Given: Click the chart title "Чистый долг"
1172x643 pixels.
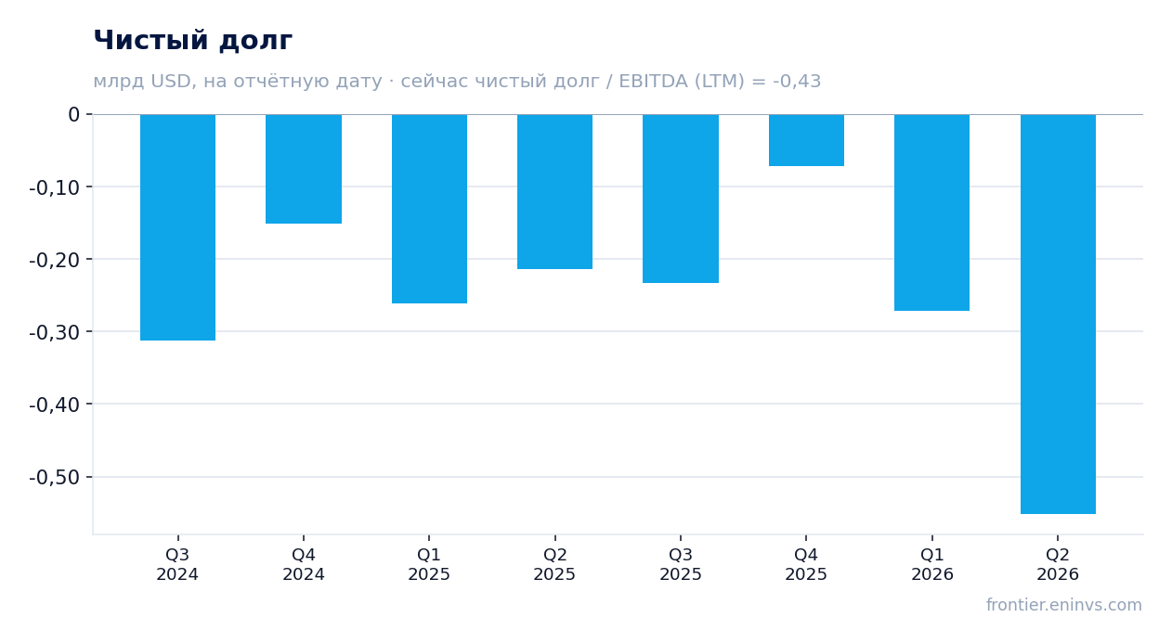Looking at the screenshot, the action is coord(192,40).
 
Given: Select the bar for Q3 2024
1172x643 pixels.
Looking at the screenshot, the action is coord(178,227).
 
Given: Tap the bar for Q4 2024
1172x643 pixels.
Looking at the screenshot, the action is coord(304,169).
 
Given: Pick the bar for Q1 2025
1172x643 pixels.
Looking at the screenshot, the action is coord(430,209).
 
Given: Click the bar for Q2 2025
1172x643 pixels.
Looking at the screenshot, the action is coord(555,192).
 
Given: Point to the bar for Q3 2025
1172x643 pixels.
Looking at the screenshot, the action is coord(681,199).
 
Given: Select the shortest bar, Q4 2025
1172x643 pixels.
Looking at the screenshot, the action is coord(806,140).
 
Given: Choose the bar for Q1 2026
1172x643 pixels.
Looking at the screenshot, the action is coord(931,212).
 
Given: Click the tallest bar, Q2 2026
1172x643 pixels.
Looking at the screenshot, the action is coord(1058,315).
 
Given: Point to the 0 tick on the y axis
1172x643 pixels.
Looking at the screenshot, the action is coord(73,114).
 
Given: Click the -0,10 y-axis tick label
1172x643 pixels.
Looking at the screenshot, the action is coord(55,187).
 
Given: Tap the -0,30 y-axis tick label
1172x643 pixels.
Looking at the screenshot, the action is coord(55,332).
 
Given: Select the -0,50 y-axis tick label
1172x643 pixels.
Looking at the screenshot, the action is coord(55,477).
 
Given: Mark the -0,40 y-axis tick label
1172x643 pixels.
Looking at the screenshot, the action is coord(55,405).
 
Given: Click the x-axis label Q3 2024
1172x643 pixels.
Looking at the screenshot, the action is coord(177,564).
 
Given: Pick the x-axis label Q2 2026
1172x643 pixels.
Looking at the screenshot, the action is coord(1058,564).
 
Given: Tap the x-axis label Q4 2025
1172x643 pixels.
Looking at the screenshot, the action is coord(806,564).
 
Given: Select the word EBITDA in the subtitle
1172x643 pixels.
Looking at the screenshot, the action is coord(653,81).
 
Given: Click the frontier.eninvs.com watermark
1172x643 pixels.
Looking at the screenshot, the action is coord(1064,605).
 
